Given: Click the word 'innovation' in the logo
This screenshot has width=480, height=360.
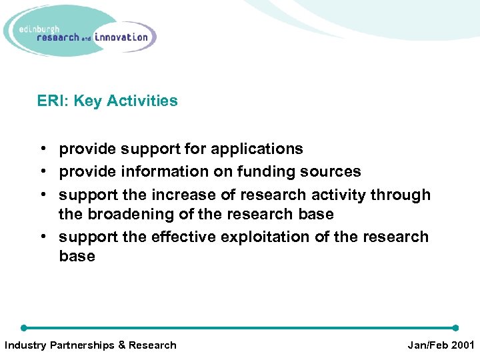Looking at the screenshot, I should (x=121, y=37).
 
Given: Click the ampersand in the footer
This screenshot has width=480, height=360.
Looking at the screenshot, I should (x=121, y=345).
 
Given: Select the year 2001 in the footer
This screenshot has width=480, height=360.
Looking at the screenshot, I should (x=461, y=345).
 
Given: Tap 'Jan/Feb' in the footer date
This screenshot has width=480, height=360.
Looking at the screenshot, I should (x=425, y=345).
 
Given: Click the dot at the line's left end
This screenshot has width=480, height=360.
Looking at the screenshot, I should (x=23, y=328).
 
